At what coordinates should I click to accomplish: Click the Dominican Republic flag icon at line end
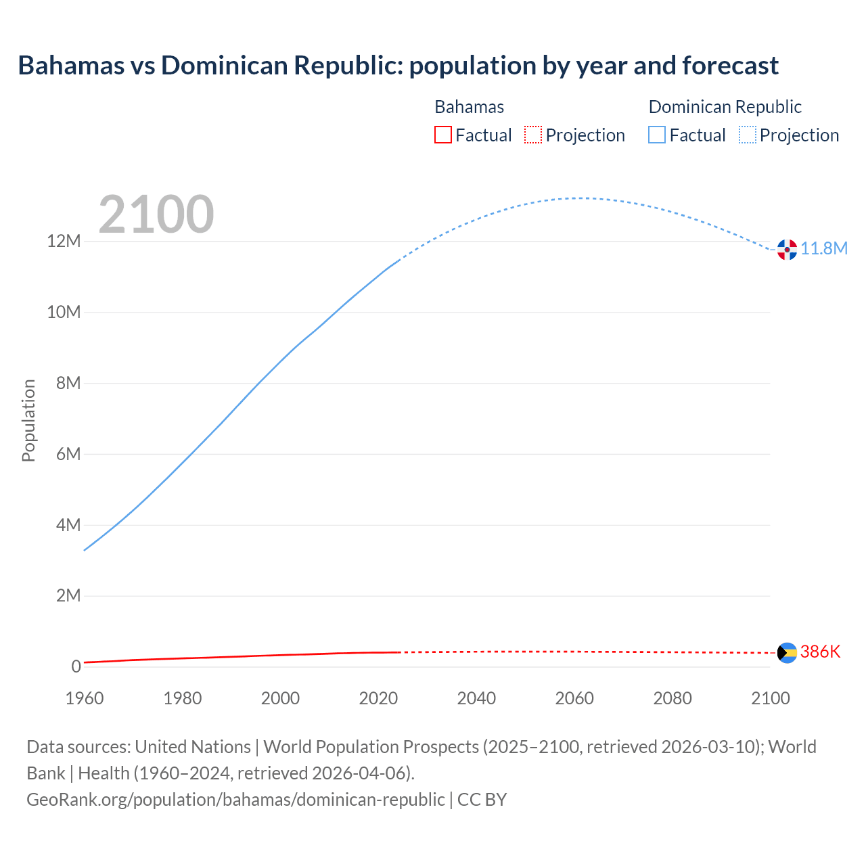(787, 250)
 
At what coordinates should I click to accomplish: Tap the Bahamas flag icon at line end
(787, 653)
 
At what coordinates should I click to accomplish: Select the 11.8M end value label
(824, 249)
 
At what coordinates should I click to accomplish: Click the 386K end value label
(820, 652)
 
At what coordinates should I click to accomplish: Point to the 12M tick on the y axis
(64, 242)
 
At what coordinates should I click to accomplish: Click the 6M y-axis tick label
(68, 454)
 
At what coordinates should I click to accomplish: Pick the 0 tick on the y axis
(76, 666)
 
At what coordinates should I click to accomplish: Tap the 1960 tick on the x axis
(85, 698)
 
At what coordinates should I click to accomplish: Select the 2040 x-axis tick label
(476, 698)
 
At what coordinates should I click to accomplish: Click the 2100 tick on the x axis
(770, 698)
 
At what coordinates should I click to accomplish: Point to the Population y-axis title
(28, 420)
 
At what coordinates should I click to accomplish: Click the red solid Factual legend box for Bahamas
(442, 135)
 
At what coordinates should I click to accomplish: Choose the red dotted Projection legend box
(533, 135)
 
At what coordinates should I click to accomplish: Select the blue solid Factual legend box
(657, 135)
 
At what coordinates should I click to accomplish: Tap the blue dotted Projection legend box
(747, 135)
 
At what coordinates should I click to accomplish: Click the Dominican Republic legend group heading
(725, 107)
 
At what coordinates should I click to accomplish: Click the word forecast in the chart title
(730, 66)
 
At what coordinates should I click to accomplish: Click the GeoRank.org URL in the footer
(235, 800)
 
